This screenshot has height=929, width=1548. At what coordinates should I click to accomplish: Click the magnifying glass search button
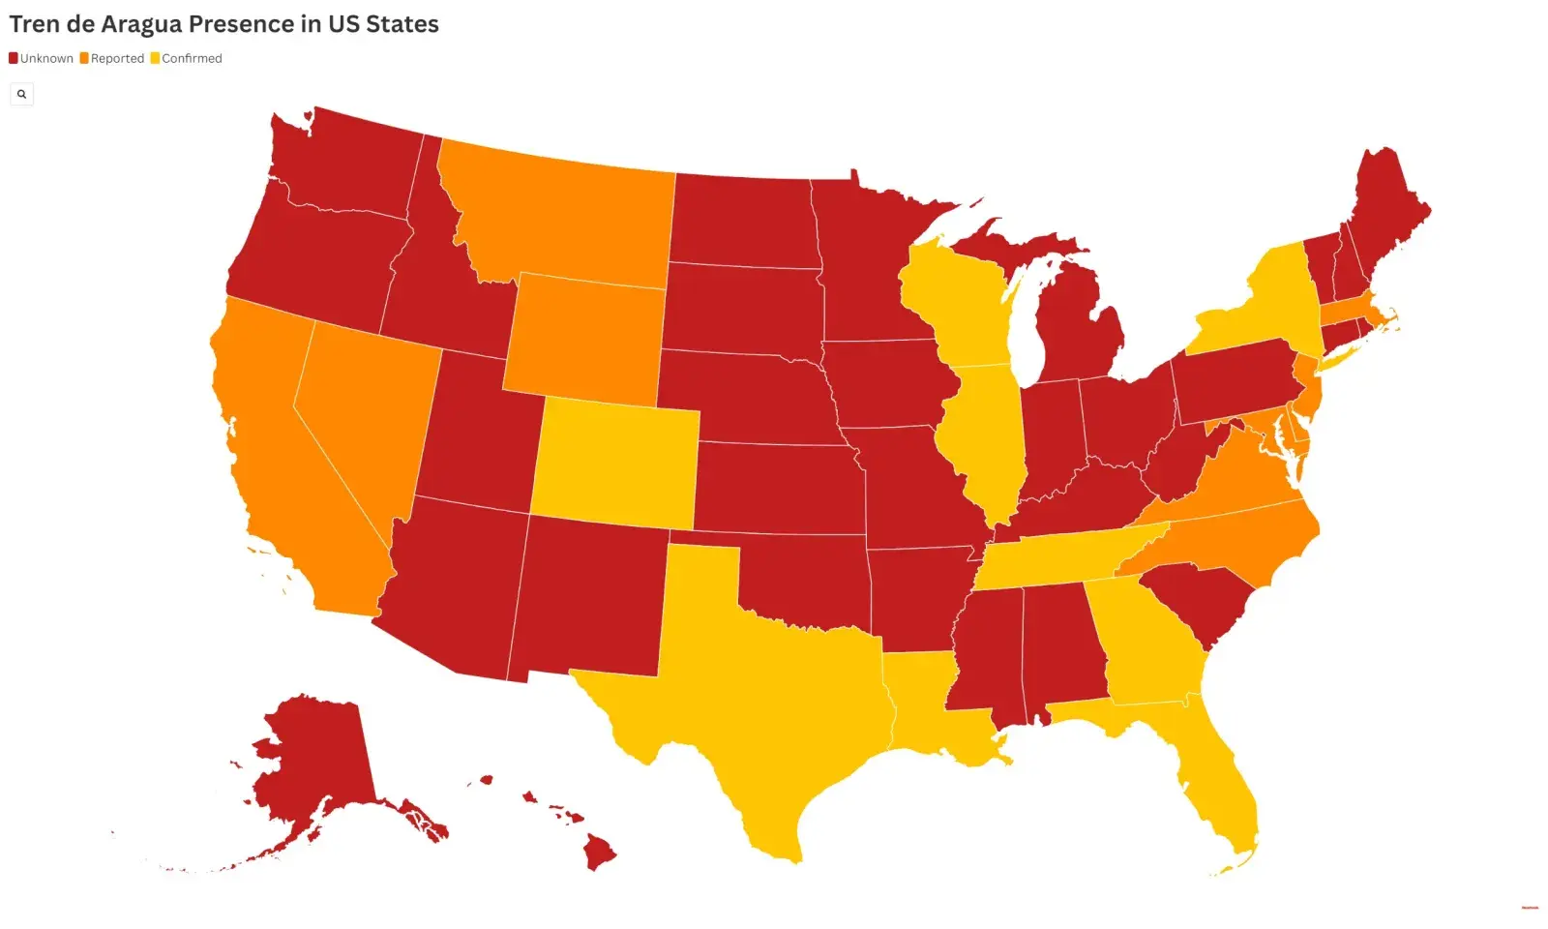(x=21, y=94)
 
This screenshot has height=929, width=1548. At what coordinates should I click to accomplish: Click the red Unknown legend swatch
(x=14, y=58)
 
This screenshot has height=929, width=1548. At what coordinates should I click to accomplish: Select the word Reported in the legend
(x=117, y=58)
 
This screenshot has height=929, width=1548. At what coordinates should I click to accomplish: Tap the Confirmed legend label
(x=192, y=58)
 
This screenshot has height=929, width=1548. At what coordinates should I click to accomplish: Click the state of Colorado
(x=615, y=464)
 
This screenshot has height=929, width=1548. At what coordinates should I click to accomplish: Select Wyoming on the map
(x=585, y=339)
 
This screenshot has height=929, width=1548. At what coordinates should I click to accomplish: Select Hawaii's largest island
(x=599, y=853)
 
